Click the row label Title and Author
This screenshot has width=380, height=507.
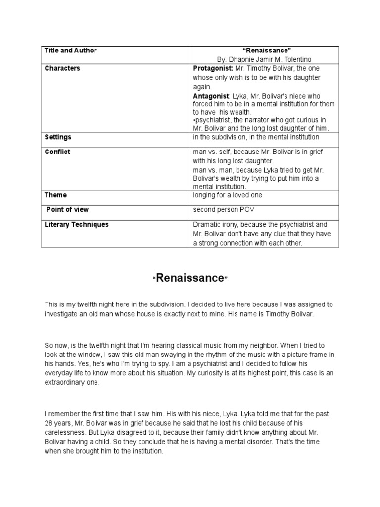pos(70,51)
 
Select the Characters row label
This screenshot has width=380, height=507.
pos(62,68)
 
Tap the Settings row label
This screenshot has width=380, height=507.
pos(58,137)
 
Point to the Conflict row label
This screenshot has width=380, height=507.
pos(57,152)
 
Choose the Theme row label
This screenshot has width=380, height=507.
pos(55,195)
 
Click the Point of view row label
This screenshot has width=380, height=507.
pos(67,210)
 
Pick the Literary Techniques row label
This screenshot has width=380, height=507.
pos(76,225)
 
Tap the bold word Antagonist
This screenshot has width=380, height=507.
pos(211,96)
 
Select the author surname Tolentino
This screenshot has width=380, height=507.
pos(296,59)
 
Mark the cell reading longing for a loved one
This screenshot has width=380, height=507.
pos(228,195)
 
